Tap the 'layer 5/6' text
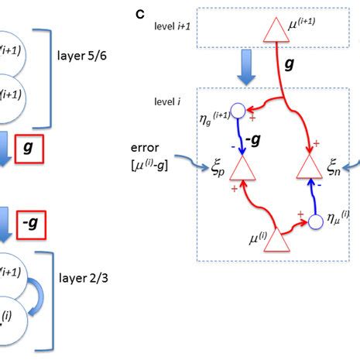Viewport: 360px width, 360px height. [x=87, y=57]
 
